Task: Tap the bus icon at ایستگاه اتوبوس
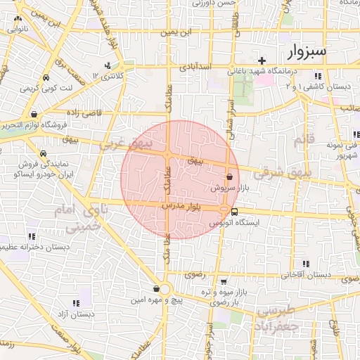tap(234, 210)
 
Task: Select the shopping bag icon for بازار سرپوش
tap(229, 178)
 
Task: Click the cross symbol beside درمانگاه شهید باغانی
tap(262, 60)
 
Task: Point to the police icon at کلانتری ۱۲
tap(107, 66)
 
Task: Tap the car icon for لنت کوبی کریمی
tap(46, 77)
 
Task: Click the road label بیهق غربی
tap(117, 144)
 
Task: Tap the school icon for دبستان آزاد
tap(76, 302)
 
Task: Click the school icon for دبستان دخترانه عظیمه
tap(31, 236)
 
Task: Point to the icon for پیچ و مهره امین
tap(156, 288)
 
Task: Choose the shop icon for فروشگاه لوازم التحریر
tap(34, 113)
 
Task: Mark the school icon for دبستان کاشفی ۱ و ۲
tap(318, 75)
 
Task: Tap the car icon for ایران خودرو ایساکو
tap(44, 153)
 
